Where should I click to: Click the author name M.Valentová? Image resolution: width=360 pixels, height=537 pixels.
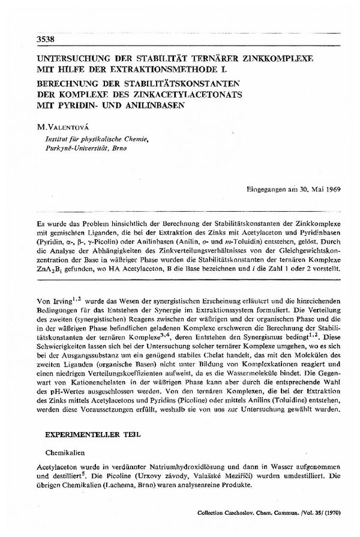tap(62, 126)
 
